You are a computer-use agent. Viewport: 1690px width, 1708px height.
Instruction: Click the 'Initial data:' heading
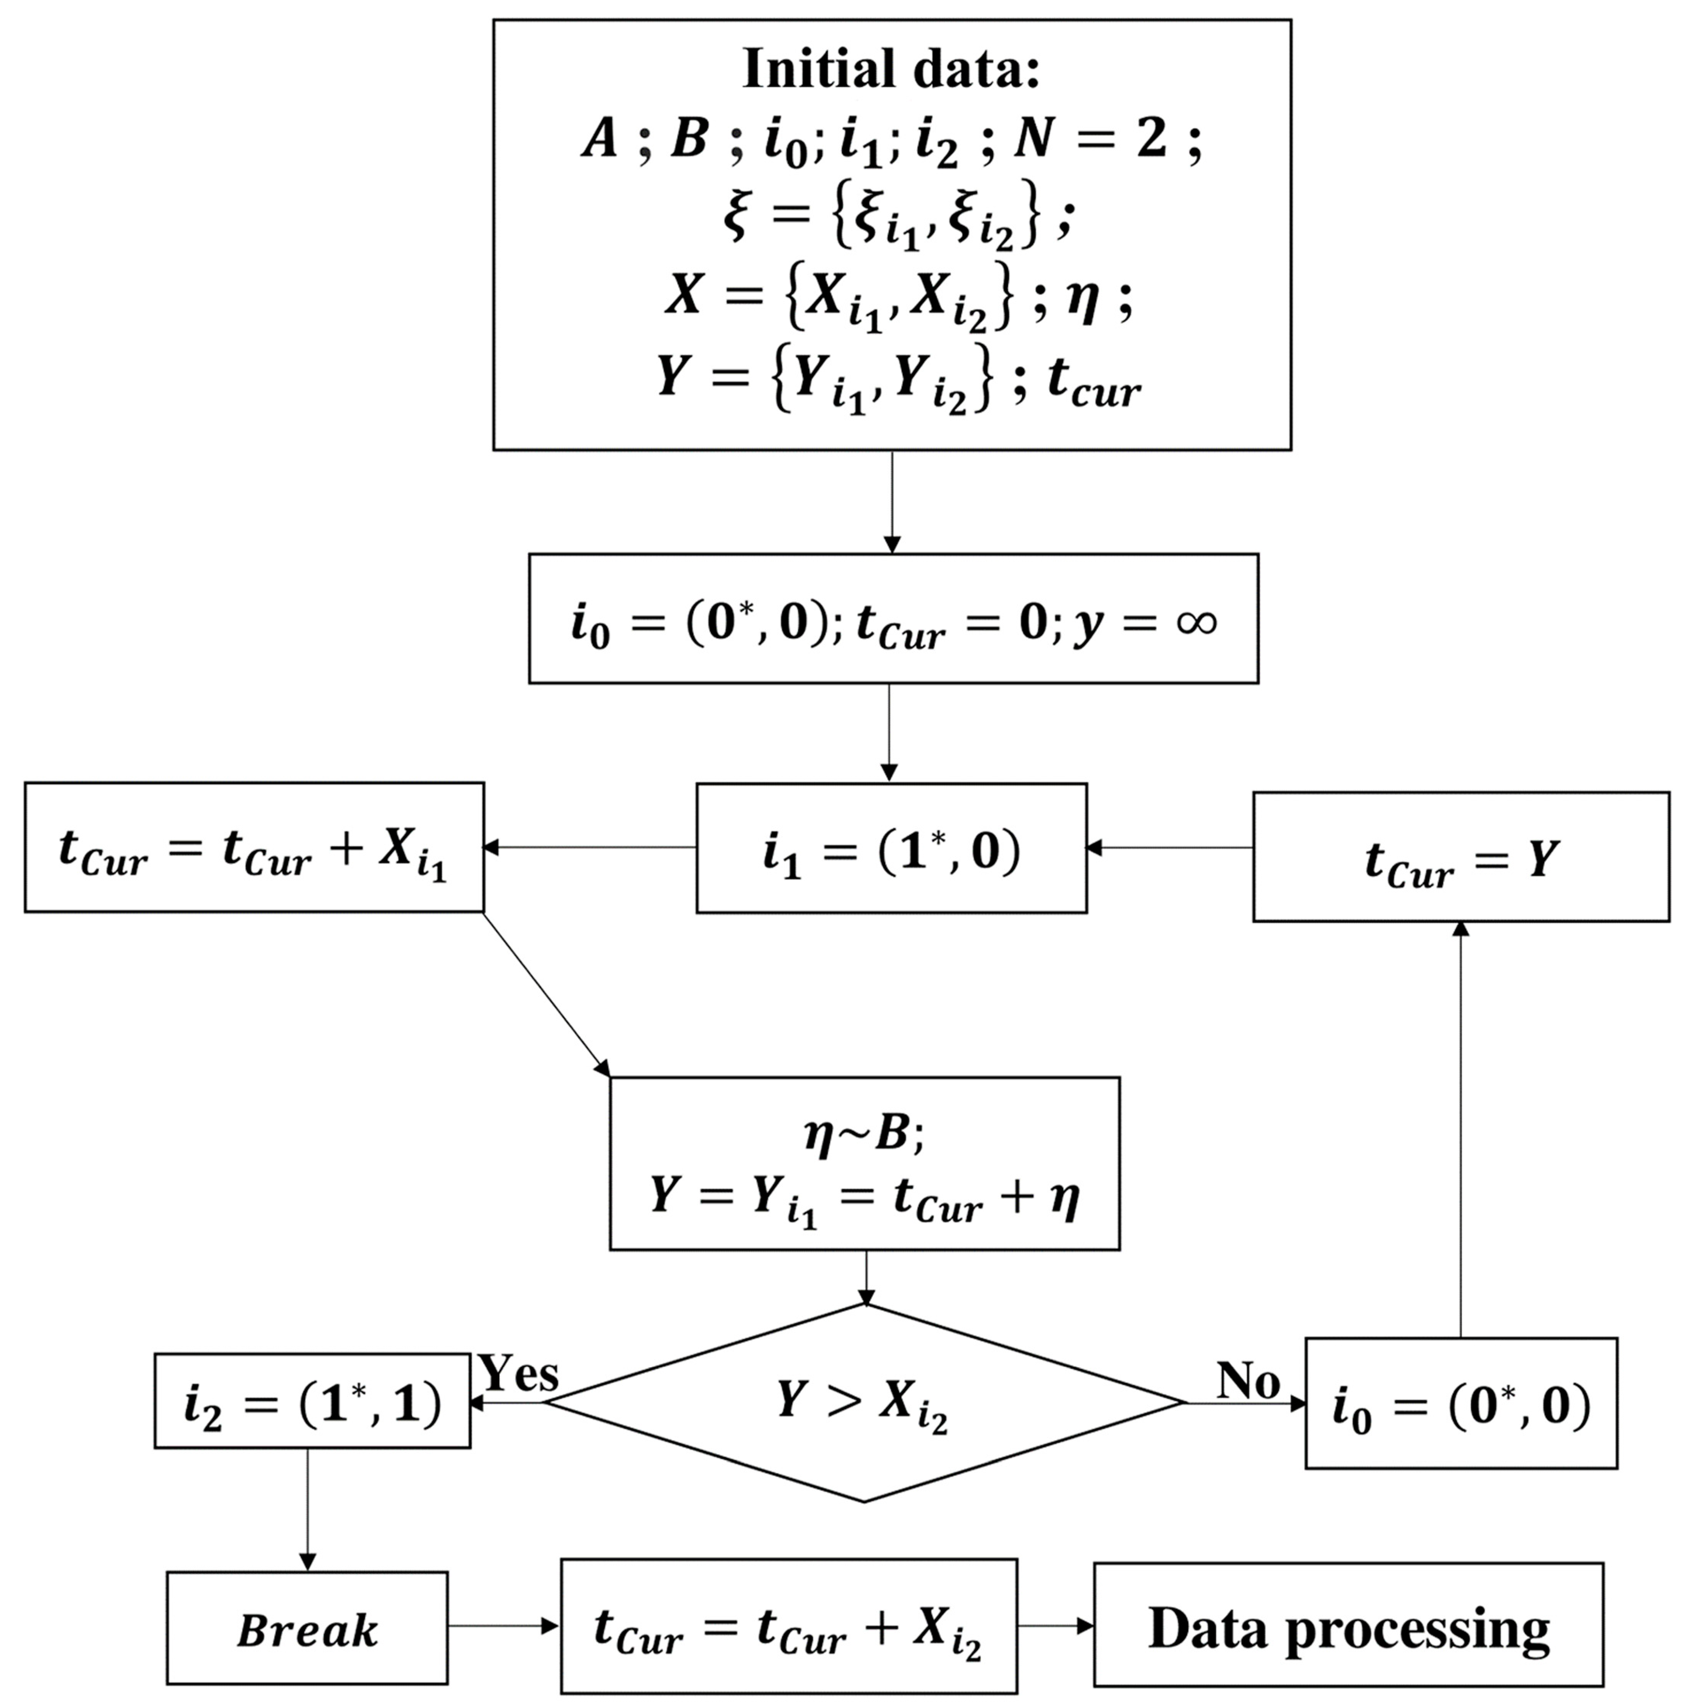pyautogui.click(x=892, y=69)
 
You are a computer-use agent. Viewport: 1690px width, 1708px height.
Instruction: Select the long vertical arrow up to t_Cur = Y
pyautogui.click(x=1461, y=1132)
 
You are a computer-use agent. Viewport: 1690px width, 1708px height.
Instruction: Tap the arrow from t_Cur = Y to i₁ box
pyautogui.click(x=1169, y=848)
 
